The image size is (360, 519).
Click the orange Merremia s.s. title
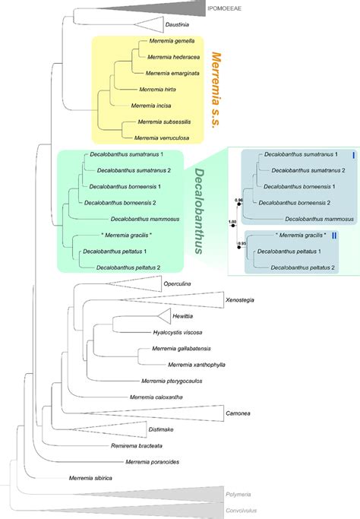tap(217, 90)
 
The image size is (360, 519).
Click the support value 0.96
tap(239, 200)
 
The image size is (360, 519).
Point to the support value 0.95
tap(241, 243)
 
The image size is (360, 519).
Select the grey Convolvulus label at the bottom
tap(242, 509)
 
